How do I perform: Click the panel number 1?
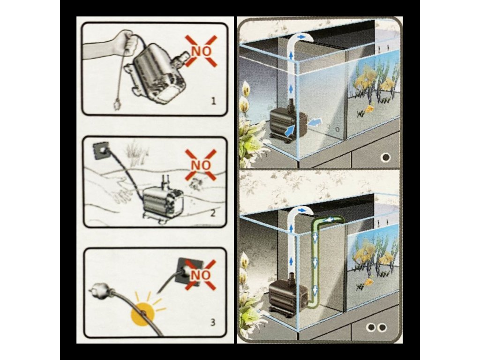[214, 101]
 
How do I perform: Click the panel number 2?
[213, 212]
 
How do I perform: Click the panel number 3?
[213, 322]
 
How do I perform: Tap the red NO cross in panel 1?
[201, 51]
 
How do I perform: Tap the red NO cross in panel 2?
[201, 165]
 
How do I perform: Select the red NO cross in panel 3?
[201, 275]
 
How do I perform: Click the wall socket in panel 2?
[101, 151]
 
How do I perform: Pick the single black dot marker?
[386, 157]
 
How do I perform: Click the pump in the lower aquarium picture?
[288, 294]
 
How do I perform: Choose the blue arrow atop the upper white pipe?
[302, 37]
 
